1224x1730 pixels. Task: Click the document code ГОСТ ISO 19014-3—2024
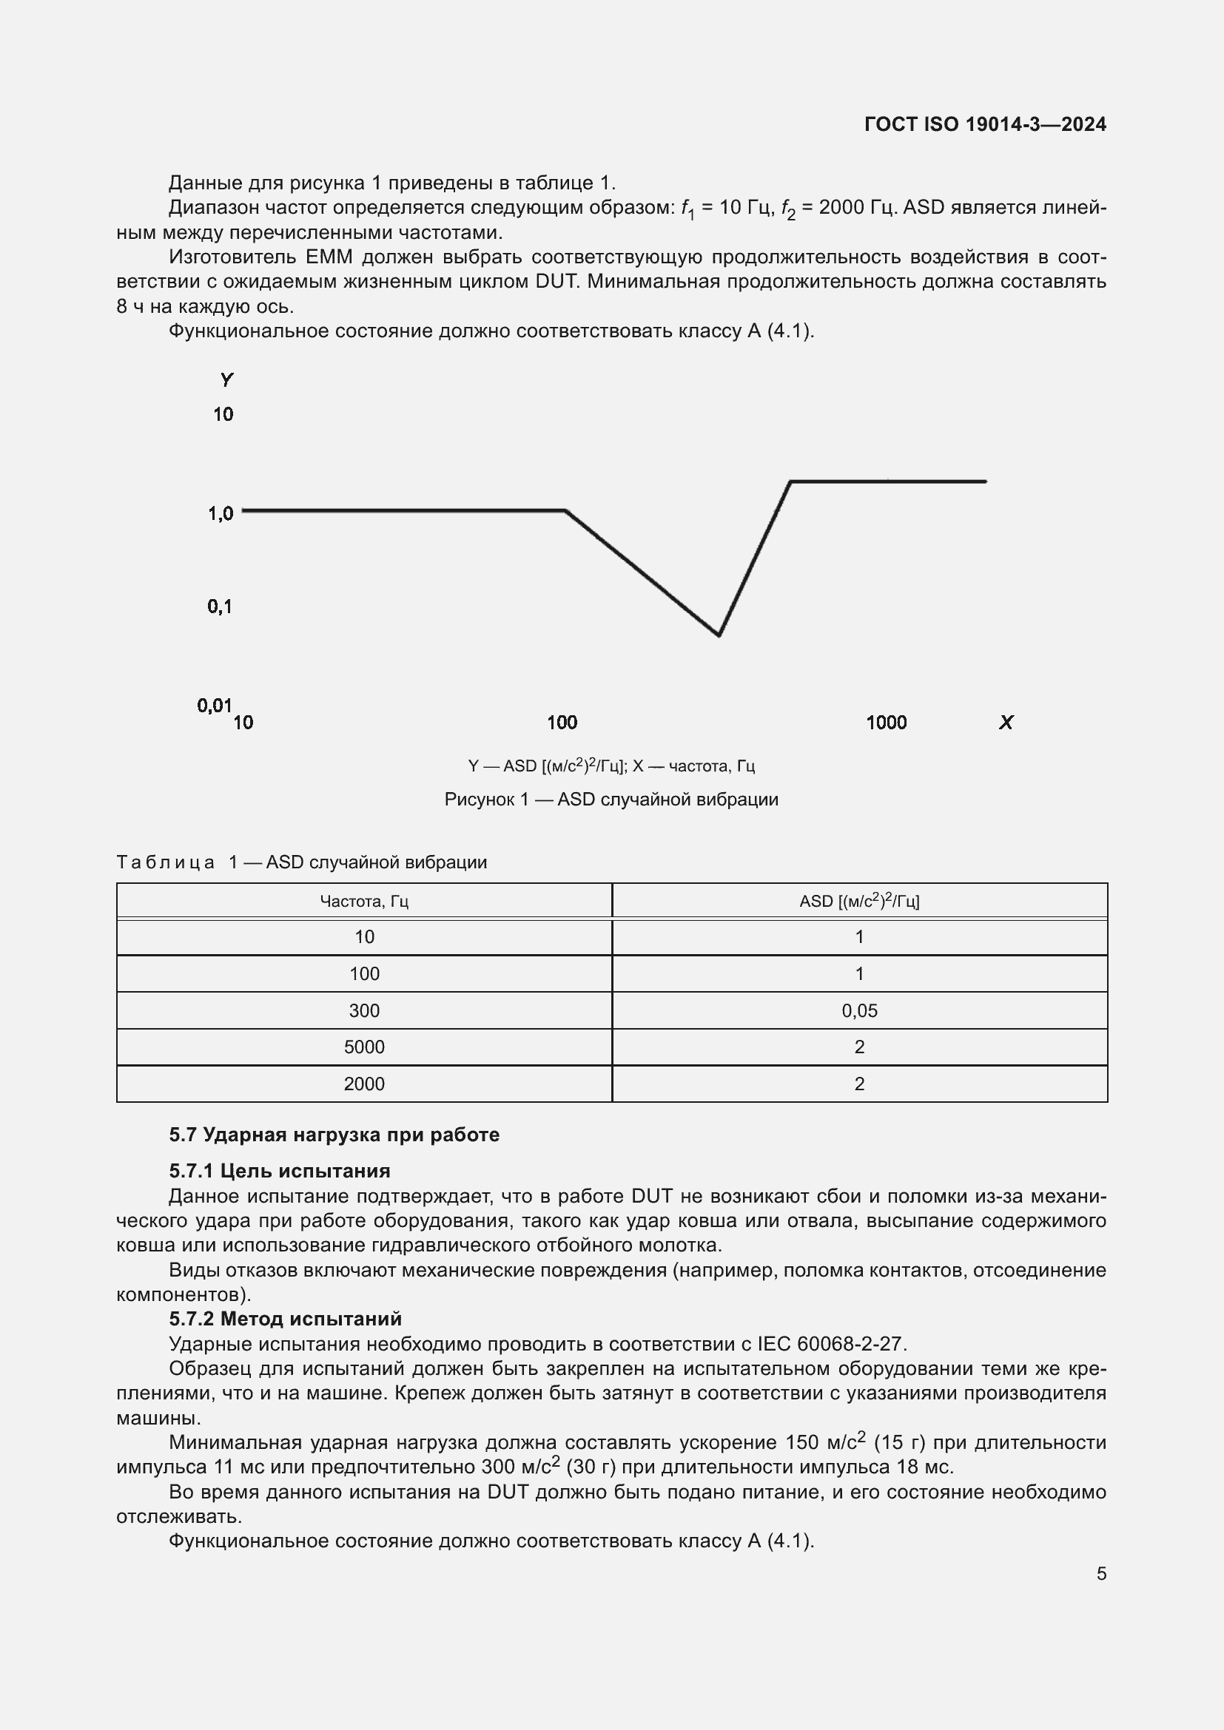coord(984,124)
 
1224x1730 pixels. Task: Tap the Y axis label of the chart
coord(226,379)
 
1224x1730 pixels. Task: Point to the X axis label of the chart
coord(1006,723)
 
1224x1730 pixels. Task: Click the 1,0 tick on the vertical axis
coord(221,514)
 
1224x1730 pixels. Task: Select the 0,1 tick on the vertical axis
coord(219,606)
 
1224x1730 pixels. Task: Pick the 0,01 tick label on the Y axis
coord(214,706)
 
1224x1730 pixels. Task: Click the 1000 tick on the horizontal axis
coord(886,723)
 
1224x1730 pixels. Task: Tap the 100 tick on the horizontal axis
coord(562,723)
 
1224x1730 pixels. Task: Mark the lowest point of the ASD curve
coord(719,635)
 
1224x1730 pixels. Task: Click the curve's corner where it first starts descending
coord(566,511)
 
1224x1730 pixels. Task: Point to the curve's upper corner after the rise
coord(790,481)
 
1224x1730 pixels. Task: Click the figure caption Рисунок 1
coord(611,800)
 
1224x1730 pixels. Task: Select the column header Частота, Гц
coord(364,901)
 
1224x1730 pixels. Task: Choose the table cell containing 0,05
coord(859,1010)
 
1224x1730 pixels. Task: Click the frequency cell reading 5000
coord(364,1047)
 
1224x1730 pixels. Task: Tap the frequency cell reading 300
coord(364,1010)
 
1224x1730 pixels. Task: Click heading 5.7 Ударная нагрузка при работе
coord(334,1135)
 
